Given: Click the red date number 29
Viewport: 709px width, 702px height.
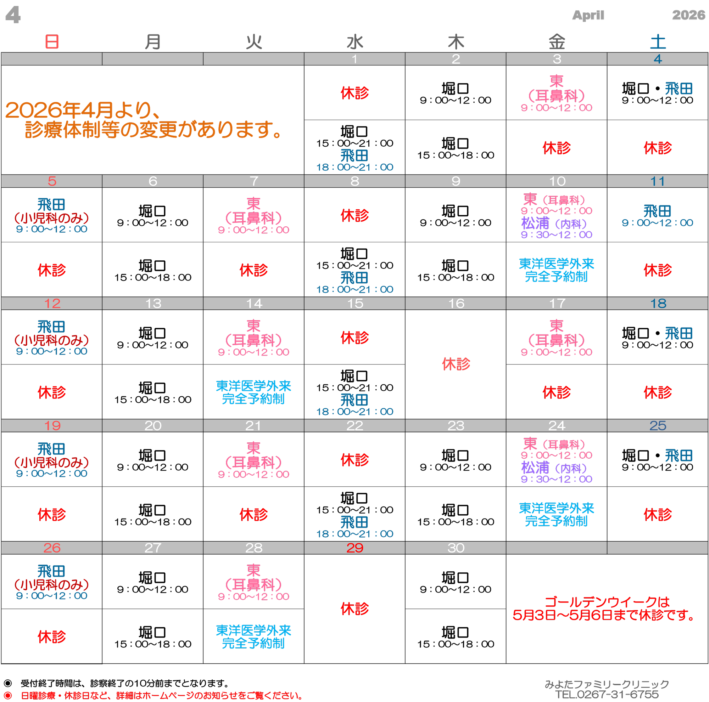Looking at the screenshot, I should coord(354,548).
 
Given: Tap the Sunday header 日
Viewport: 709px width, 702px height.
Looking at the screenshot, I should coord(52,41).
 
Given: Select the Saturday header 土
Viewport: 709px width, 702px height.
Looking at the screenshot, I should coord(658,41).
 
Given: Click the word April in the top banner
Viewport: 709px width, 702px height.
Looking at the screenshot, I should coord(588,15).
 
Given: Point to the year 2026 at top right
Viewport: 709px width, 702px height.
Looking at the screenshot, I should coord(688,15).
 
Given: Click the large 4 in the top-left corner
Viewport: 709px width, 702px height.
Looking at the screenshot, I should coord(13,15).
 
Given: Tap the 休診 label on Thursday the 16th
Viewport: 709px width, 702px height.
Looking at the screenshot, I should coord(456,364).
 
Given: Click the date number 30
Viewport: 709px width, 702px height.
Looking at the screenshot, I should coord(456,548).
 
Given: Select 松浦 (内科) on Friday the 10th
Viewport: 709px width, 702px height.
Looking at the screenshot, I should coord(554,223).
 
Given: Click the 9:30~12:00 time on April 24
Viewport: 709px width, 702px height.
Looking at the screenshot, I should coord(556,479).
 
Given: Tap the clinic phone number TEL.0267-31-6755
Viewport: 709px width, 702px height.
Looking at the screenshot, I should coord(607,694).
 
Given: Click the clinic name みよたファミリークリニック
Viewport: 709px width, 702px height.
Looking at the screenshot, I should coord(607,684).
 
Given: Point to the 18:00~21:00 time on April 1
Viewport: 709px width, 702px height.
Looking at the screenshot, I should coord(354,167).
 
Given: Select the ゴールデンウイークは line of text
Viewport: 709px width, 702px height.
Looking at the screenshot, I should coord(607,602).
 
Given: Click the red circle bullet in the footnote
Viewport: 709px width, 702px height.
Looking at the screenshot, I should coord(8,695).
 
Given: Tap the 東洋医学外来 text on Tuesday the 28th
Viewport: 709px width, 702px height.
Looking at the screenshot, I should coord(253,630).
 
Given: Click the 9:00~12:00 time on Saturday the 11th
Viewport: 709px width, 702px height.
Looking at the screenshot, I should coord(657,222).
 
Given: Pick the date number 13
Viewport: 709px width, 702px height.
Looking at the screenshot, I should coord(153,303).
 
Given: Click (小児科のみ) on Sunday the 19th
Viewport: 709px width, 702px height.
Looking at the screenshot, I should coord(52,462).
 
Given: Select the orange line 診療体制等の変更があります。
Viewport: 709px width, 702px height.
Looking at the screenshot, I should coord(153,130).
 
